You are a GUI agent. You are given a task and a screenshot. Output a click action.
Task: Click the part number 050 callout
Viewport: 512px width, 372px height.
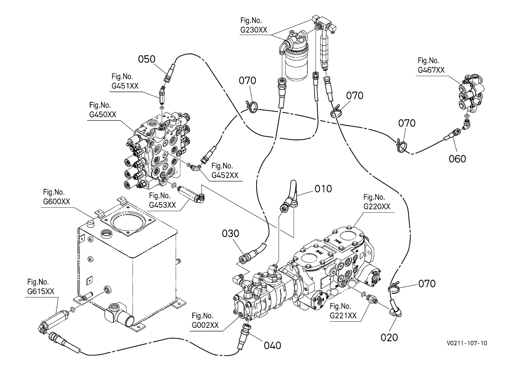click(x=147, y=59)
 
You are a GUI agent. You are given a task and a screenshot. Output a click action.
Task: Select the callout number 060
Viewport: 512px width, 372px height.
click(x=457, y=159)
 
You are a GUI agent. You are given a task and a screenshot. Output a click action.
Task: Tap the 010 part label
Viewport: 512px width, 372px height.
click(x=323, y=189)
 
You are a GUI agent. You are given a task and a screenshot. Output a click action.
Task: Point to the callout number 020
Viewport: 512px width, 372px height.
click(x=389, y=337)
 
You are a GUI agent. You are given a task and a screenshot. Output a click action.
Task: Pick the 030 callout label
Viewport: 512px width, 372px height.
click(x=231, y=233)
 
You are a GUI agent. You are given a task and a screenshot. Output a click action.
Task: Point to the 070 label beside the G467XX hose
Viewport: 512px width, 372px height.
click(x=407, y=123)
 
